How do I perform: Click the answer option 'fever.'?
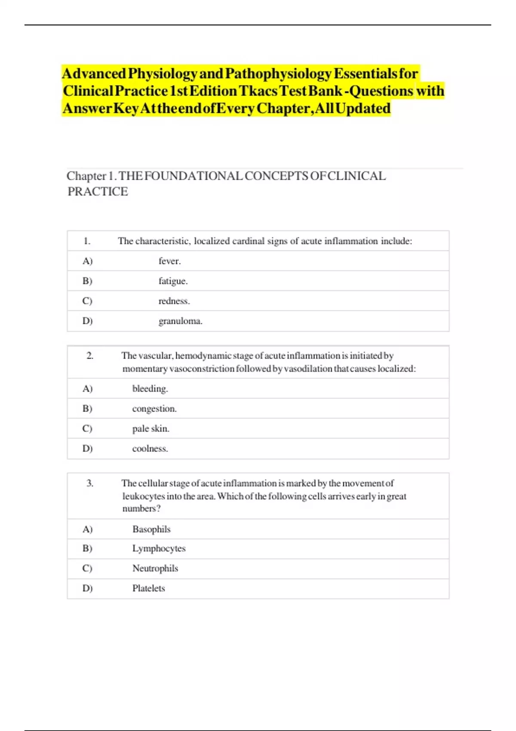point(169,261)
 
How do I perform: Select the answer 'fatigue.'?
point(173,281)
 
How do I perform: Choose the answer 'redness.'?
point(174,301)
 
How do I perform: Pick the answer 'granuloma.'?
point(180,321)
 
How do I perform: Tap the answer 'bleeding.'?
point(150,389)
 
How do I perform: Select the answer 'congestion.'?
point(154,408)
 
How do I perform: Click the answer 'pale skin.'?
point(150,429)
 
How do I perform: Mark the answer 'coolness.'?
point(150,448)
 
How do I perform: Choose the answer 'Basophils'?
point(151,529)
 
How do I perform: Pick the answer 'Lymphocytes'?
point(159,549)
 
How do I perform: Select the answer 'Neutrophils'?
point(155,568)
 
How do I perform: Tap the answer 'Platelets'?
point(148,588)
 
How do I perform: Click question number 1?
point(87,241)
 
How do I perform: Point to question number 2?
point(90,356)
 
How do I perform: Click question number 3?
point(90,483)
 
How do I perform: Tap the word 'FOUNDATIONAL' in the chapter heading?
point(193,176)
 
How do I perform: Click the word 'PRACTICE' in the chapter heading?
point(98,192)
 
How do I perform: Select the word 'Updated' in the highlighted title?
point(363,108)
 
